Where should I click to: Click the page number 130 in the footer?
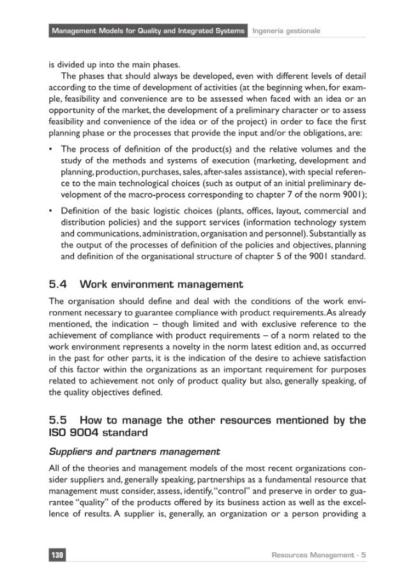coord(57,555)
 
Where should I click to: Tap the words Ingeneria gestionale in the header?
coord(286,31)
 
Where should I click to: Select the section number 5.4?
coord(61,284)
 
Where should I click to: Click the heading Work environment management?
coord(162,284)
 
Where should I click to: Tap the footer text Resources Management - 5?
coord(319,555)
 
